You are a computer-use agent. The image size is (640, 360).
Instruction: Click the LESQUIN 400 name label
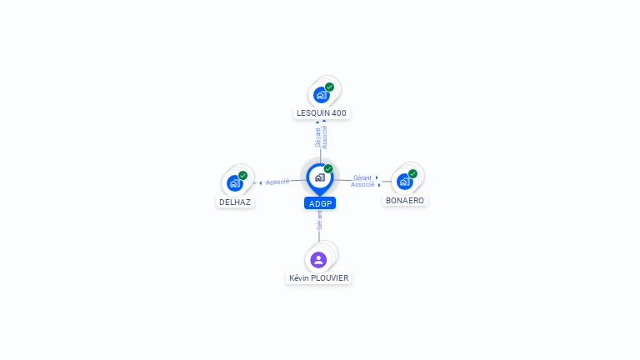tap(322, 112)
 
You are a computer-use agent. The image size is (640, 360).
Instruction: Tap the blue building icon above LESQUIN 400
tap(322, 95)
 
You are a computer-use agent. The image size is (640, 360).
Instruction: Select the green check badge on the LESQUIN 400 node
tap(329, 87)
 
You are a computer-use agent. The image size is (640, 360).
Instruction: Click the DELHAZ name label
tap(235, 202)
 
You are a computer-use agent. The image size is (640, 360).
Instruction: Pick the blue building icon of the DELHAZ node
tap(234, 183)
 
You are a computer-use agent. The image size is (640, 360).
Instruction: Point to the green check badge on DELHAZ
tap(242, 175)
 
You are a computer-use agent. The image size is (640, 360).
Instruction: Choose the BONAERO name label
tap(405, 201)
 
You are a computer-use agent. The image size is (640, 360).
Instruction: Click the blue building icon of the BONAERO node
tap(404, 182)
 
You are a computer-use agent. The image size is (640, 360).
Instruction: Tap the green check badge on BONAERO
tap(412, 174)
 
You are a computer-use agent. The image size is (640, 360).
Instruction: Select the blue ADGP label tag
tap(320, 203)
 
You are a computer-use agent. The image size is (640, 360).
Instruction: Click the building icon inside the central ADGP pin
tap(319, 177)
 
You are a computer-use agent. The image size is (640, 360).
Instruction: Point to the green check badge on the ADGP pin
tap(328, 168)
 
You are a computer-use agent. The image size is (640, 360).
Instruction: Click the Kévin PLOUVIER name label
tap(319, 277)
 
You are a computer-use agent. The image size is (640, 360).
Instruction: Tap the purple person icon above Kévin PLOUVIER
tap(318, 259)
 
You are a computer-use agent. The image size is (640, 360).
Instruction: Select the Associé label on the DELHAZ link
tap(277, 182)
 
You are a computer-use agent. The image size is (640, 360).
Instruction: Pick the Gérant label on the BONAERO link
tap(362, 177)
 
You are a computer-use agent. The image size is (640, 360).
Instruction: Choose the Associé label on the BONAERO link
tap(362, 184)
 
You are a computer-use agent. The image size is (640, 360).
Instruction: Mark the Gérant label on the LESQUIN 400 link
tap(317, 137)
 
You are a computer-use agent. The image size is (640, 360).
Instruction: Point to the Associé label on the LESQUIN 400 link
tap(325, 137)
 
